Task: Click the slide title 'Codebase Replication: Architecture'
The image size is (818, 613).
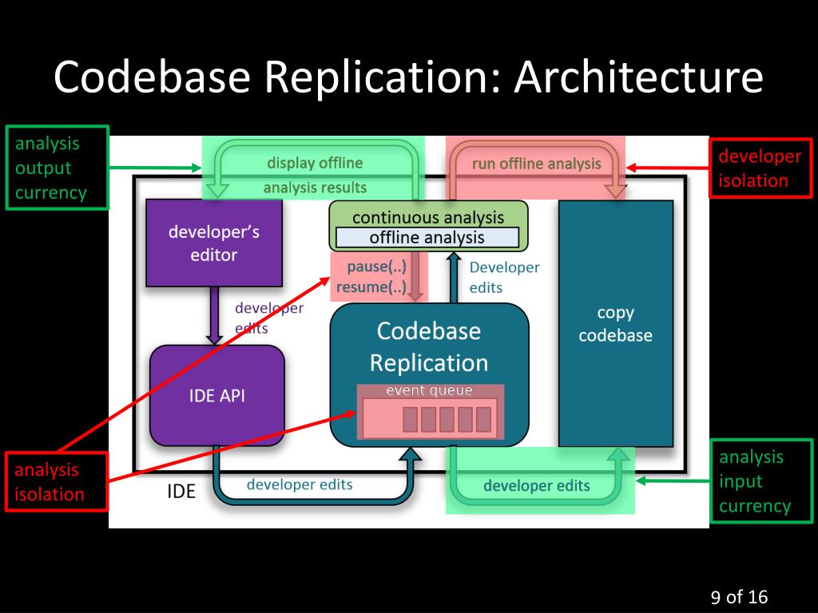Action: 408,77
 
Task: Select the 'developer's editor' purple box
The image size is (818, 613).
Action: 214,243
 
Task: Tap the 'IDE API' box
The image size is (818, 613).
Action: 217,395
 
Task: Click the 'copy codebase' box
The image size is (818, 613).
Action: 615,324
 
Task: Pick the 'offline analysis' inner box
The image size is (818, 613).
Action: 427,237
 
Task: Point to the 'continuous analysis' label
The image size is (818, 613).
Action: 428,217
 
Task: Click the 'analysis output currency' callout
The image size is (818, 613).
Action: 57,168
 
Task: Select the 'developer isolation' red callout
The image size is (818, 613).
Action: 760,168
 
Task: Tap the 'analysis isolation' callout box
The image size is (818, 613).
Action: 56,481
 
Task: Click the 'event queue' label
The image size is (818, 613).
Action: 429,390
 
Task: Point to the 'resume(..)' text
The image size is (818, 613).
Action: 371,287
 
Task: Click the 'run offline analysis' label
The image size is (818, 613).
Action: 536,164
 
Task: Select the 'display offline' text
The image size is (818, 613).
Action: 315,163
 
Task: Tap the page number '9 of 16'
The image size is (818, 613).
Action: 739,596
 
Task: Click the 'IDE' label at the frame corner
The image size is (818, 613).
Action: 181,491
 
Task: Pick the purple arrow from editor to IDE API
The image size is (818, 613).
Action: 214,315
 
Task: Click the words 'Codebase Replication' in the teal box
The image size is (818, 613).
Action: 429,346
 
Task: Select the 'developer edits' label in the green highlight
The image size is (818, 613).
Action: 537,485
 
